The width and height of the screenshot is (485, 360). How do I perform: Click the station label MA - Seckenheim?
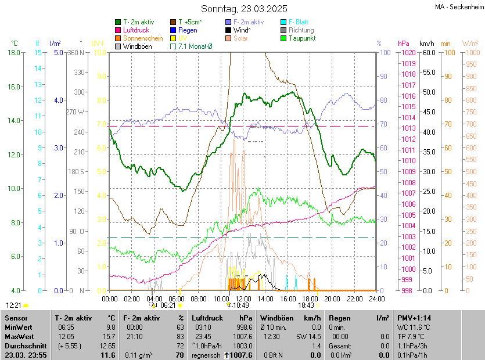pos(458,7)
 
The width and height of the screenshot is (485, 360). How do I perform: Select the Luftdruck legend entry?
pos(136,30)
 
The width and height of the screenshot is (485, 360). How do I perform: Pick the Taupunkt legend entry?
pos(301,38)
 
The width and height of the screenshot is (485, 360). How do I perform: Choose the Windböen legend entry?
pos(137,46)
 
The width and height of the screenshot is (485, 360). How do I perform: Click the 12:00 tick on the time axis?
pos(243,298)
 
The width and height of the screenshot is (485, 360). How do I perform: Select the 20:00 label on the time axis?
pos(332,298)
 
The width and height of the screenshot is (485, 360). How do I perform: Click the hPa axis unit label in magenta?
pos(404,44)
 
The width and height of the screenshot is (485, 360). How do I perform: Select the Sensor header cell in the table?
pos(16,318)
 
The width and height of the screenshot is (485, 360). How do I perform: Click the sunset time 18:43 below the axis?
pos(306,305)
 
